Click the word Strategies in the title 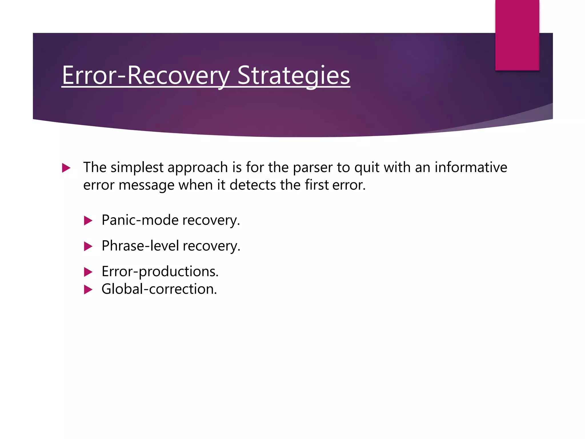pos(293,76)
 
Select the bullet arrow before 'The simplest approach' pos(66,168)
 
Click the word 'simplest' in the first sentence pos(137,167)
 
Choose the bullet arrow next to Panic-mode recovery pos(88,221)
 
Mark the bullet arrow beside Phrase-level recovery pos(88,246)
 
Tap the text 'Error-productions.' pos(160,272)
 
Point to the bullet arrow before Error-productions pos(88,272)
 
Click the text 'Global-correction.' pos(159,289)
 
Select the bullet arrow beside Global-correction pos(88,290)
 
